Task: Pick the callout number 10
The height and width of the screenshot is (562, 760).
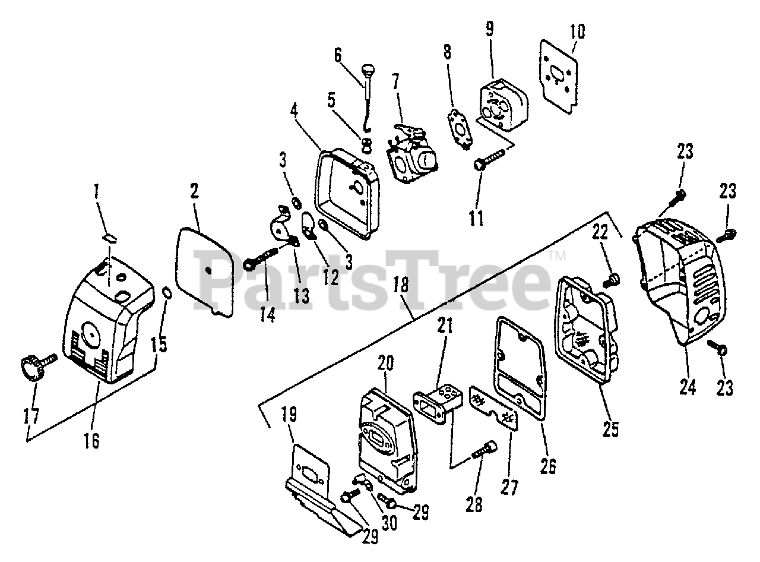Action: coord(577,31)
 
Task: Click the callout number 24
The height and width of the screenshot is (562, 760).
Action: coord(687,387)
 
